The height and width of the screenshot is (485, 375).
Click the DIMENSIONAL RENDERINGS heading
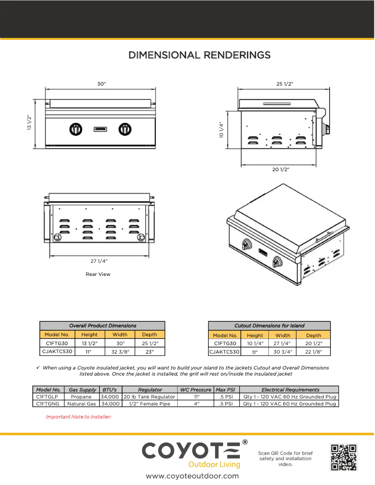199,55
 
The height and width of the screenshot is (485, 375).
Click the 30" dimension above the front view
101,84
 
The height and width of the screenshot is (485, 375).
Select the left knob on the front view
75,129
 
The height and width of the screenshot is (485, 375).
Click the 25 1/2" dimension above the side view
285,84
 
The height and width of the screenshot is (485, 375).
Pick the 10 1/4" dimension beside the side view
221,130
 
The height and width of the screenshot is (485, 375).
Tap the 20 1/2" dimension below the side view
281,169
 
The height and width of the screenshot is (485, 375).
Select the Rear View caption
98,275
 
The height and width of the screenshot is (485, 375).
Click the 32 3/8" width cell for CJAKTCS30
120,351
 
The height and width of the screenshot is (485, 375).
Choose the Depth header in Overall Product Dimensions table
150,334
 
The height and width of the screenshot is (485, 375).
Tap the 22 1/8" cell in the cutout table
313,351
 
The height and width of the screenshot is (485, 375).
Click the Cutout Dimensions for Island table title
269,326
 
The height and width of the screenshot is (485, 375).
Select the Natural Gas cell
82,404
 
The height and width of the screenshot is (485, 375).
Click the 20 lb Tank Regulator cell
150,397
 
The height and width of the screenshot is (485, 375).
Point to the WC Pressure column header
195,390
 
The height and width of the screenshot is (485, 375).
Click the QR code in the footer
344,457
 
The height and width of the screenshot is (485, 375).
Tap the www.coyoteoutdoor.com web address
192,476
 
